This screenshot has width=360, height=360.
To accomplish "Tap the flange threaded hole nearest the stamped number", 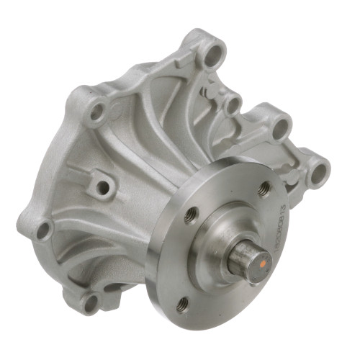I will coord(264,189).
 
